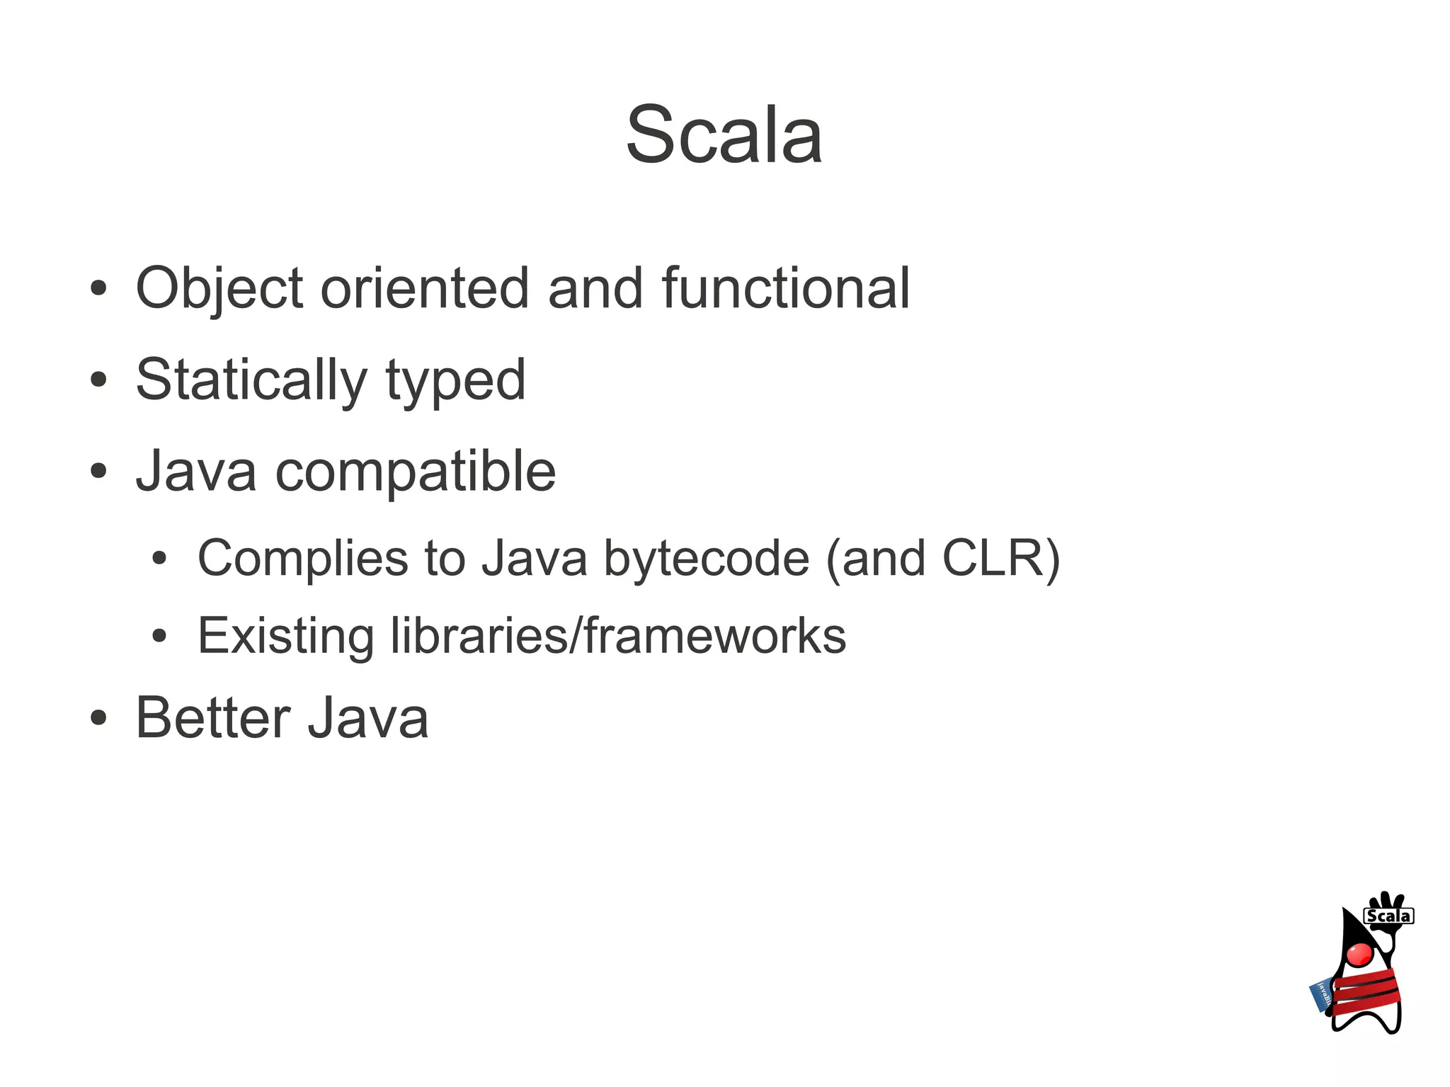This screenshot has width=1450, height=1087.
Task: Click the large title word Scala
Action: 724,135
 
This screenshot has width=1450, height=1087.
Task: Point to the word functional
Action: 785,288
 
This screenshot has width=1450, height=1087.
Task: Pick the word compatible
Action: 416,472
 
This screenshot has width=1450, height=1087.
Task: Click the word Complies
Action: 303,559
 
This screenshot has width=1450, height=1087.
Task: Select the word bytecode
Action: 706,559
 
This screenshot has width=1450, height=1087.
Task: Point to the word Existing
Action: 285,635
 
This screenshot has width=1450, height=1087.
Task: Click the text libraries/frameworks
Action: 618,635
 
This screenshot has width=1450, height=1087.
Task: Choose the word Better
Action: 212,718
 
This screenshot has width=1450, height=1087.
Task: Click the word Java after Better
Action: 368,718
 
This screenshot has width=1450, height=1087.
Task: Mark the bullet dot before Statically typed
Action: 98,380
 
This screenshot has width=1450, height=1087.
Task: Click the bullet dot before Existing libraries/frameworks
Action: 159,636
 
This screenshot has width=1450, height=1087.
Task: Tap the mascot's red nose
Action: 1359,954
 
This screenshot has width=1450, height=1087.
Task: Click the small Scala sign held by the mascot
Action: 1388,916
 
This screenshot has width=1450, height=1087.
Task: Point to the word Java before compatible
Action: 196,472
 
